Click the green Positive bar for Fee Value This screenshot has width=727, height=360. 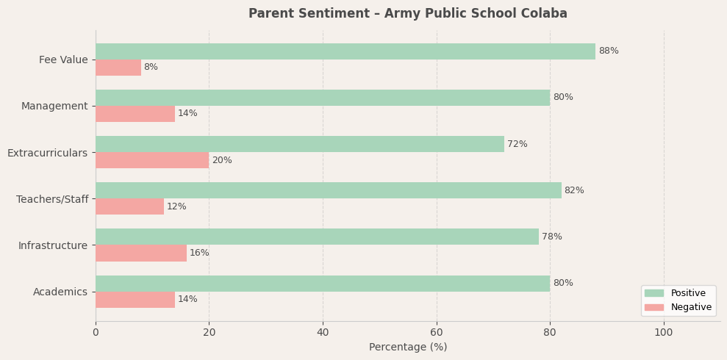(x=345, y=51)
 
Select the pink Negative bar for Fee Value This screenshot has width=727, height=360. (x=118, y=68)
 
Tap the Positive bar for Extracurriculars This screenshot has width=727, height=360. (x=300, y=144)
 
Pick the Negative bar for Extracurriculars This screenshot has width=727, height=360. (x=152, y=160)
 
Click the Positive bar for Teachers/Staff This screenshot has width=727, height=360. (x=329, y=190)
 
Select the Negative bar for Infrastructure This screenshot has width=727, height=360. (x=141, y=253)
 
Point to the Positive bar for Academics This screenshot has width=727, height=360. (x=323, y=284)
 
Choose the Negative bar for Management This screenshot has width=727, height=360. (x=135, y=114)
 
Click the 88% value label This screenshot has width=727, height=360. (x=609, y=51)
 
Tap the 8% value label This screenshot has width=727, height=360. (x=151, y=68)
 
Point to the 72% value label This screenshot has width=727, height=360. (x=518, y=145)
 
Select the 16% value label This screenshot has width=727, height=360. (x=199, y=253)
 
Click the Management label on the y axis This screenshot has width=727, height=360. (x=54, y=107)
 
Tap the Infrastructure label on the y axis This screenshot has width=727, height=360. (x=53, y=245)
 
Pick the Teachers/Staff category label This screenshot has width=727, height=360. (x=52, y=199)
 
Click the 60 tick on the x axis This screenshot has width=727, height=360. (x=437, y=333)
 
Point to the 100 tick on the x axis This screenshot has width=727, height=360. (x=664, y=333)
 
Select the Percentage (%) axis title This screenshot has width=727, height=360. (x=408, y=348)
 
